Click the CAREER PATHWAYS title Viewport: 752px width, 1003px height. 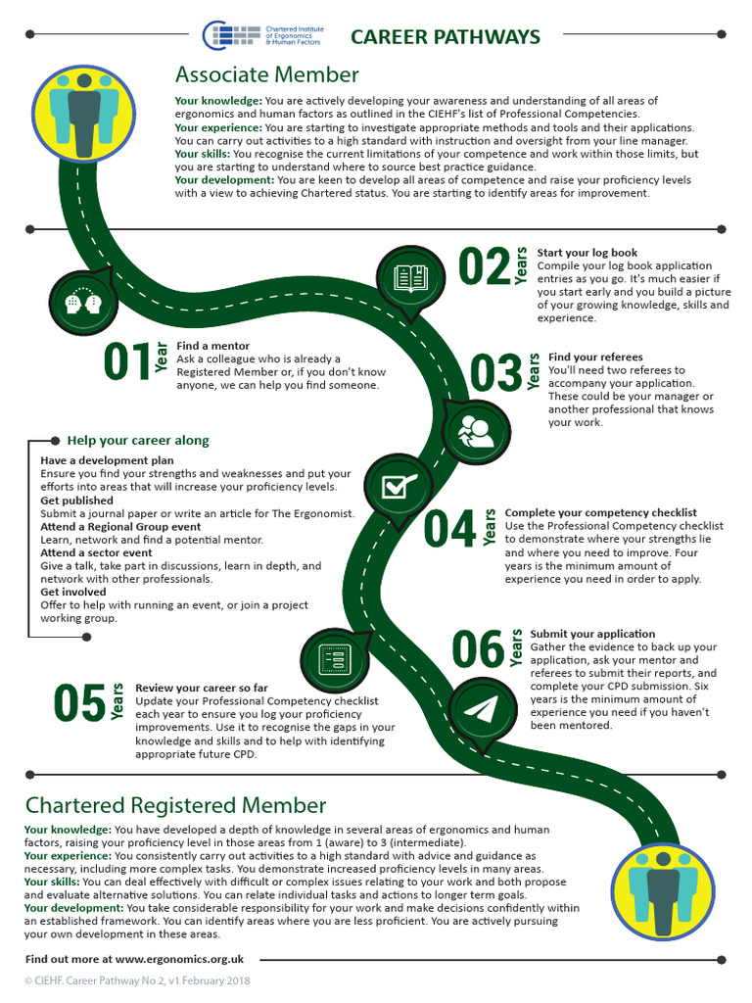pos(445,37)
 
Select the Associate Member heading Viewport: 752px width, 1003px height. pos(266,75)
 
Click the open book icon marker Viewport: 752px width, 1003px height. pos(410,278)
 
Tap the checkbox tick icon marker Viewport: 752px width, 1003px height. pos(398,487)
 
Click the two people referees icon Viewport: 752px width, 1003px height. pos(476,431)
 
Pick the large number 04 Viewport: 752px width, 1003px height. pos(449,529)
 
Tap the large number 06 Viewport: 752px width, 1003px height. pos(477,649)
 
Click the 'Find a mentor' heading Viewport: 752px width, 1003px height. pos(212,346)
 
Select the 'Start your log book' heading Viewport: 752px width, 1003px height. pos(587,253)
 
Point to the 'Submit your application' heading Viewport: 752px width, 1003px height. pos(592,634)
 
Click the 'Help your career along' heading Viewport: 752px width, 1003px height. pos(137,440)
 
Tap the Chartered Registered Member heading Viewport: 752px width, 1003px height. pos(175,805)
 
